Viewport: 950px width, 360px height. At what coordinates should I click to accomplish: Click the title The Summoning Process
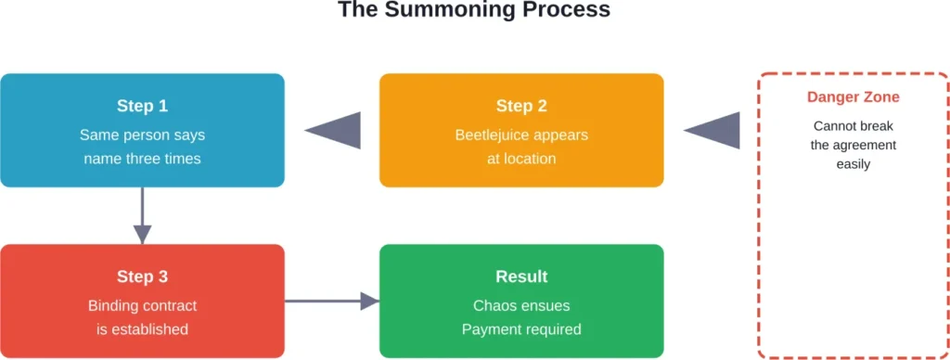pyautogui.click(x=474, y=10)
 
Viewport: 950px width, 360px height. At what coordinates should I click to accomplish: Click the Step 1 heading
pyautogui.click(x=142, y=106)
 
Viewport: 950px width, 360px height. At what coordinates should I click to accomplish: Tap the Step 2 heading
pyautogui.click(x=521, y=106)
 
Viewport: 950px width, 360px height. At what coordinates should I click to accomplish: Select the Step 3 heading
pyautogui.click(x=142, y=276)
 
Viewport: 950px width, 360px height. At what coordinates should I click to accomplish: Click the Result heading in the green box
pyautogui.click(x=521, y=276)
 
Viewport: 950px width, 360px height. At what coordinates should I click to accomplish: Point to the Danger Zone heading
pyautogui.click(x=853, y=97)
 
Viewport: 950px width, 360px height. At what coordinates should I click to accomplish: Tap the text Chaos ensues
pyautogui.click(x=521, y=305)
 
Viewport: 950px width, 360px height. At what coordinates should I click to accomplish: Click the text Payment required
pyautogui.click(x=521, y=328)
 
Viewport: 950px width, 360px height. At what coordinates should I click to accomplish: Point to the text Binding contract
pyautogui.click(x=142, y=305)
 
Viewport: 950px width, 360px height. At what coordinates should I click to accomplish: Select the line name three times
pyautogui.click(x=142, y=158)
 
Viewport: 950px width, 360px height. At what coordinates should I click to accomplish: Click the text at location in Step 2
pyautogui.click(x=521, y=158)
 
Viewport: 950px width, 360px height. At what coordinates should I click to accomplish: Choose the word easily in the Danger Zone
pyautogui.click(x=853, y=164)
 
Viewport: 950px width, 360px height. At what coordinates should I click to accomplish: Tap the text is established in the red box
pyautogui.click(x=142, y=328)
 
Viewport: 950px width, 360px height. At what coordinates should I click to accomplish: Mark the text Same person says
pyautogui.click(x=142, y=135)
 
